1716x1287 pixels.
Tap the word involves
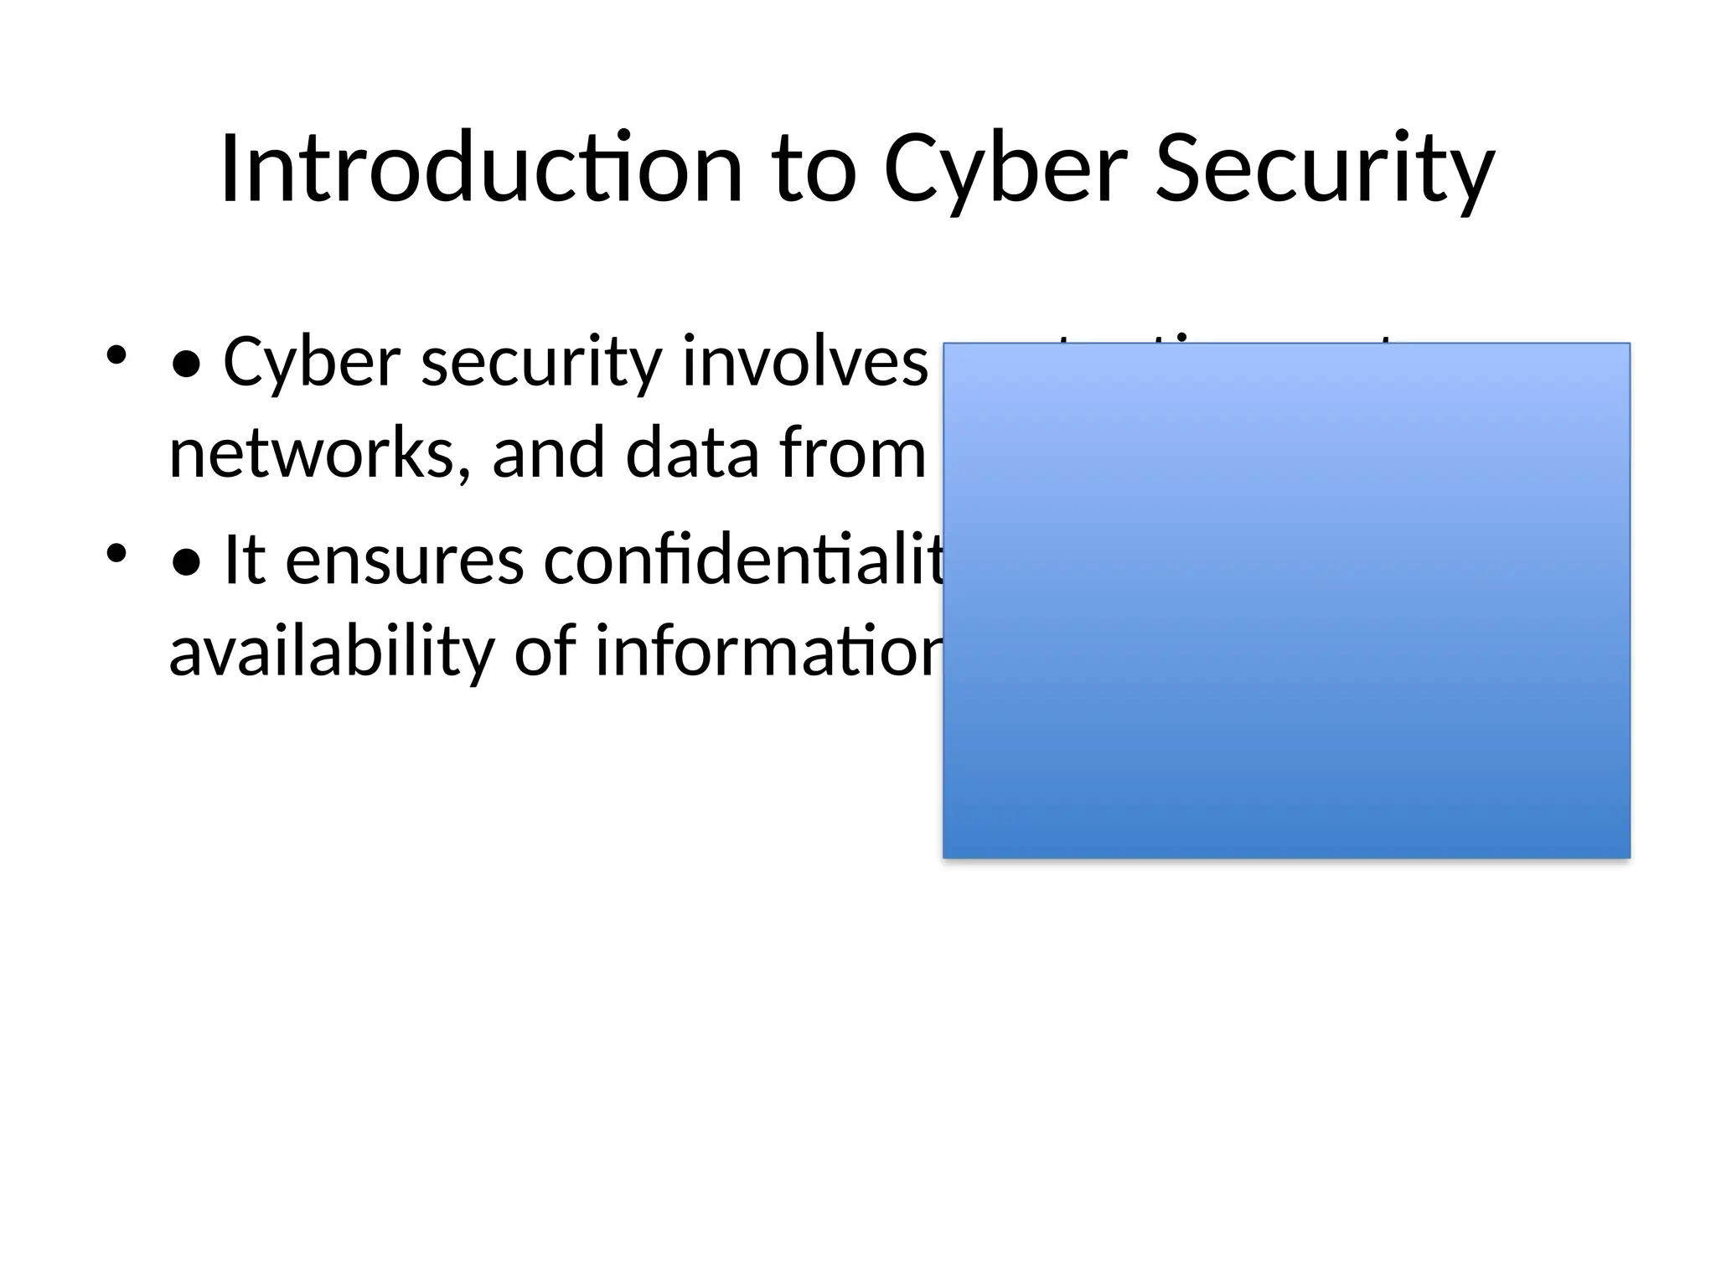click(x=804, y=362)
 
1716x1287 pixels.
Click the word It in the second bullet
click(x=245, y=561)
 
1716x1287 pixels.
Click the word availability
click(x=332, y=652)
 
